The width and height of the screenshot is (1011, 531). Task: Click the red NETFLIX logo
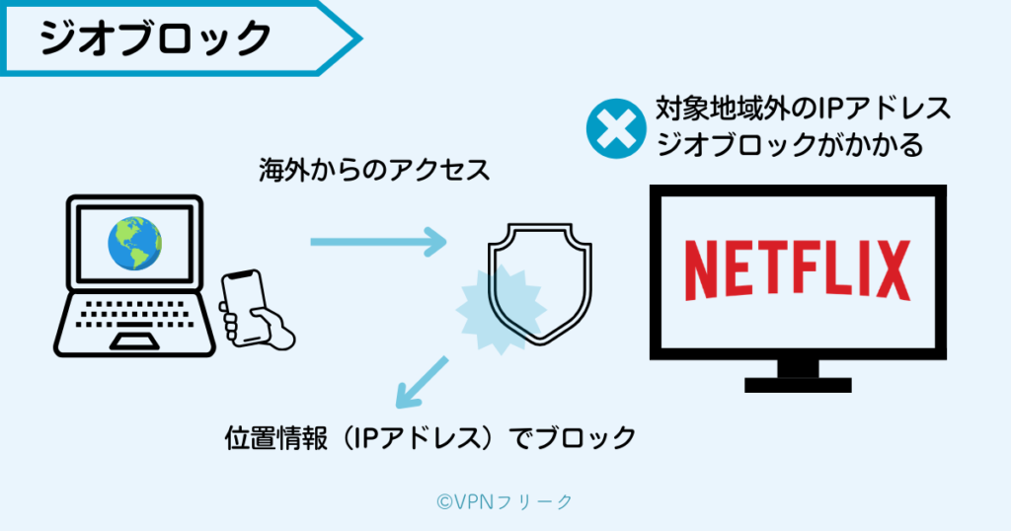click(x=797, y=267)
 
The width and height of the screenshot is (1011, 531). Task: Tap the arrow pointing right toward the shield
click(x=380, y=241)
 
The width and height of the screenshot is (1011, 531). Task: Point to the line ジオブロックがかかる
click(x=789, y=146)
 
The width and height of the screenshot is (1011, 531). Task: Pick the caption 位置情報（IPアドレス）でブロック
click(x=430, y=437)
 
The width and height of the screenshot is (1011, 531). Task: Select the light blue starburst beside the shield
click(x=489, y=306)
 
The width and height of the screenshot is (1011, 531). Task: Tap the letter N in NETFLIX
click(x=704, y=267)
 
